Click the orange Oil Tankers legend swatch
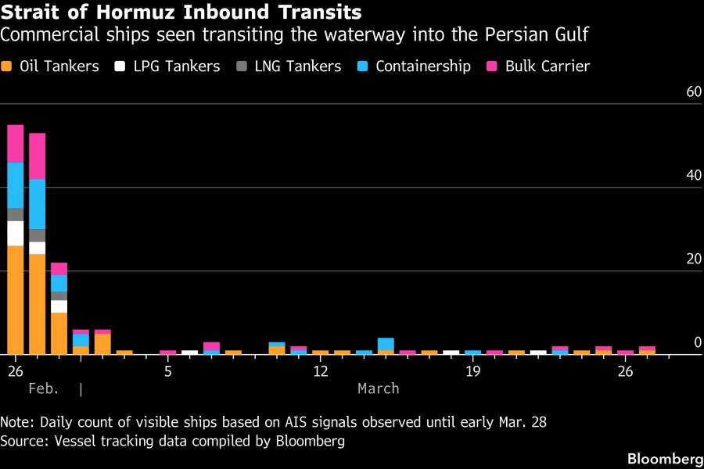(7, 66)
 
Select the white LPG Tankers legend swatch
(120, 66)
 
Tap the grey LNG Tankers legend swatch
(241, 66)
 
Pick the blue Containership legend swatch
(362, 66)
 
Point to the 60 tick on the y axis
(694, 91)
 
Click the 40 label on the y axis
(694, 175)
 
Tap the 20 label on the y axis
(694, 259)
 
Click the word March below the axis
(379, 388)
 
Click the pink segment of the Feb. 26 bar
(16, 144)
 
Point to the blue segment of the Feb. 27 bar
(38, 204)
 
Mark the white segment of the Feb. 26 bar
(16, 233)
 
